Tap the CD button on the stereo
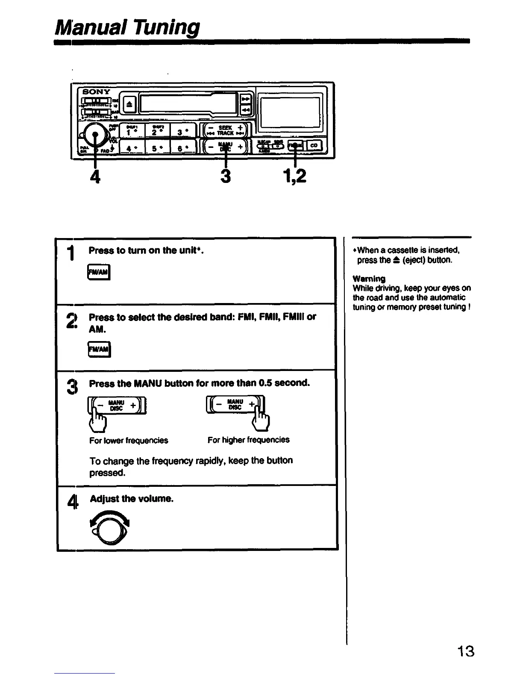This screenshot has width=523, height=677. pos(314,146)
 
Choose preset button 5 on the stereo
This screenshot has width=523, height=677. pos(158,148)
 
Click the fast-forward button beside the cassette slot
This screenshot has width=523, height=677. pos(246,99)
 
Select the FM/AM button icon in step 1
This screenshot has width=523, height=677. pos(99,272)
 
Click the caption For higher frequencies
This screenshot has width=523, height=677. pos(248,440)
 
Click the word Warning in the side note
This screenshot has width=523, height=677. pos(369,279)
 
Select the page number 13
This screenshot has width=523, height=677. pos(465,652)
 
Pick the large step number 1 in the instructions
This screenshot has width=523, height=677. pos(73,254)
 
